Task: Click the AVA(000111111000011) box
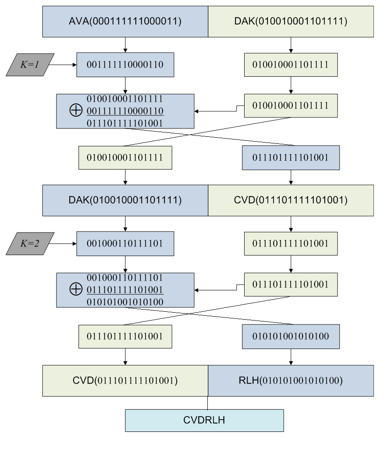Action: click(x=125, y=21)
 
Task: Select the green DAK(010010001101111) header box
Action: click(x=291, y=21)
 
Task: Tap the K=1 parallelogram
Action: click(x=30, y=65)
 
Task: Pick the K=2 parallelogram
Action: click(x=30, y=243)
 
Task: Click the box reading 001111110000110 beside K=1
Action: click(x=125, y=65)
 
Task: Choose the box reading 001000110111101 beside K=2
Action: click(x=125, y=243)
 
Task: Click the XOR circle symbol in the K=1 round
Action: click(x=76, y=110)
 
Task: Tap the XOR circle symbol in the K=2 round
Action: click(x=76, y=289)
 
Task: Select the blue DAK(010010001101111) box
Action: click(x=125, y=200)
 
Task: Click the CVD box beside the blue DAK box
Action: click(x=291, y=200)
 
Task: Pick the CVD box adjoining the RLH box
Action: click(x=125, y=381)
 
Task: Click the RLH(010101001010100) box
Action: click(x=291, y=381)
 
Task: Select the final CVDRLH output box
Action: click(x=204, y=420)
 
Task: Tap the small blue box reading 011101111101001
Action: click(x=291, y=158)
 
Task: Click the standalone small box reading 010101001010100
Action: click(x=291, y=336)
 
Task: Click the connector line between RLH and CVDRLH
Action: click(x=208, y=403)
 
